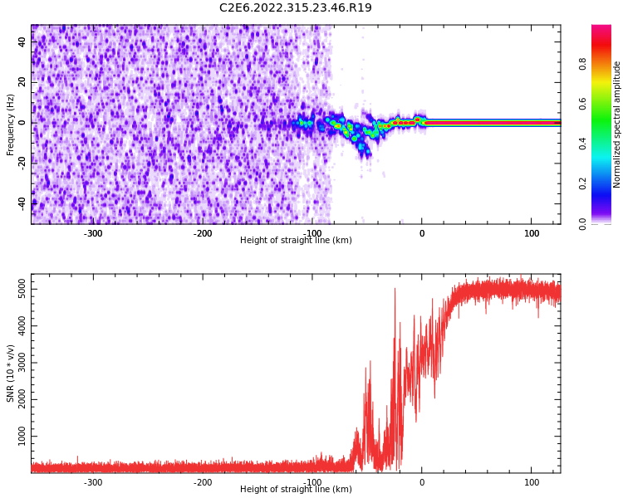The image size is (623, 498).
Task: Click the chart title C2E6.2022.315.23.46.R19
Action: pos(296,8)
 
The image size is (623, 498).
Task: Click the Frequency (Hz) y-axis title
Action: pos(11,124)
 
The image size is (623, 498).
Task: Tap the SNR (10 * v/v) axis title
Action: pos(11,373)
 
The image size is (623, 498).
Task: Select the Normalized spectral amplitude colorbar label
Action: pos(617,124)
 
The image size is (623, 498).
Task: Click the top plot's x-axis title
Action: pos(296,241)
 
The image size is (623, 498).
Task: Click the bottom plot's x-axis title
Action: pos(296,490)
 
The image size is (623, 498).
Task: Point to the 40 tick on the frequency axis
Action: pos(22,41)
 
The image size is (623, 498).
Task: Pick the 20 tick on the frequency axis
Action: pos(22,82)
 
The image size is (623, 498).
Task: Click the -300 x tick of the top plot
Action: pos(93,233)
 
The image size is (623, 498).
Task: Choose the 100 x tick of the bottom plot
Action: pos(532,482)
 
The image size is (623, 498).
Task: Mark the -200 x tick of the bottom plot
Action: pos(203,482)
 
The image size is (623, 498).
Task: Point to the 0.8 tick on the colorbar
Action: pos(583,64)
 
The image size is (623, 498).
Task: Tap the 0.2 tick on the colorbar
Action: pos(583,183)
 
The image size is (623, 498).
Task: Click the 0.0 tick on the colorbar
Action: pos(583,223)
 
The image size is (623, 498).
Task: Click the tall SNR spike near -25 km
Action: pos(395,290)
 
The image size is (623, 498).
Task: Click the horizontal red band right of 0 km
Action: pos(490,123)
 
